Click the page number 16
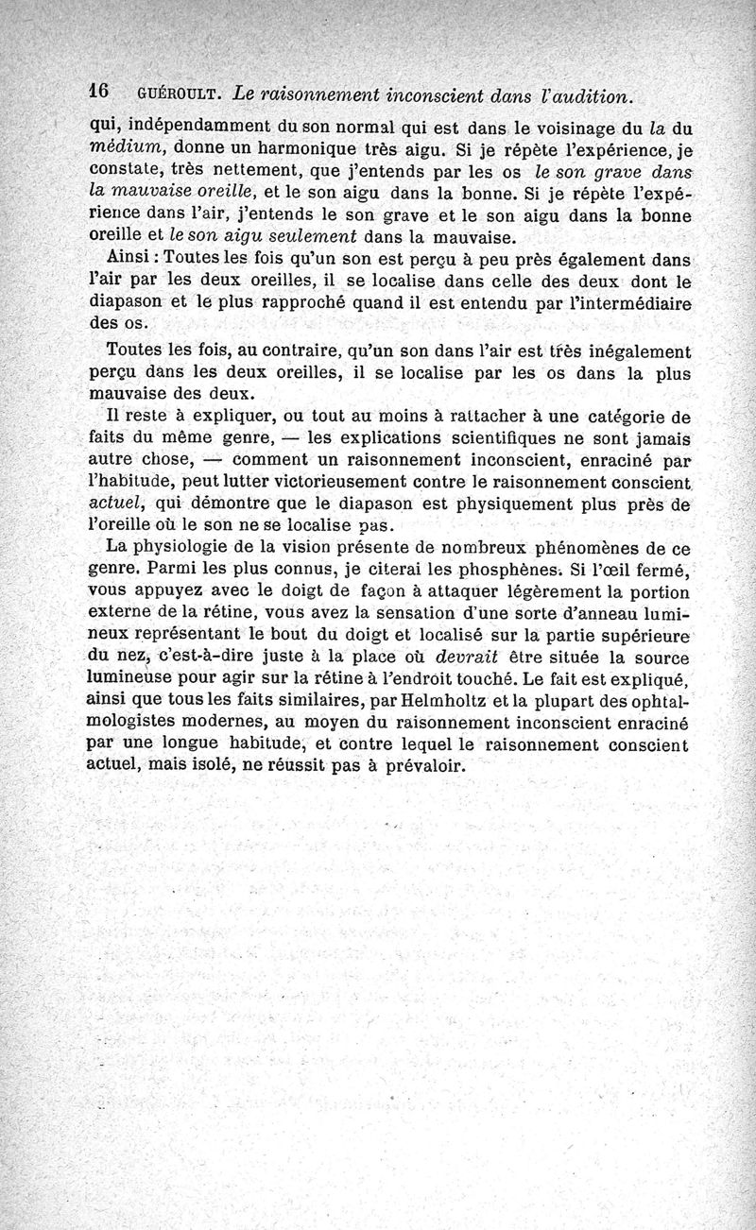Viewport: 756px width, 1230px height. pos(99,92)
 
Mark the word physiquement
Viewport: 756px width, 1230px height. pos(554,504)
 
